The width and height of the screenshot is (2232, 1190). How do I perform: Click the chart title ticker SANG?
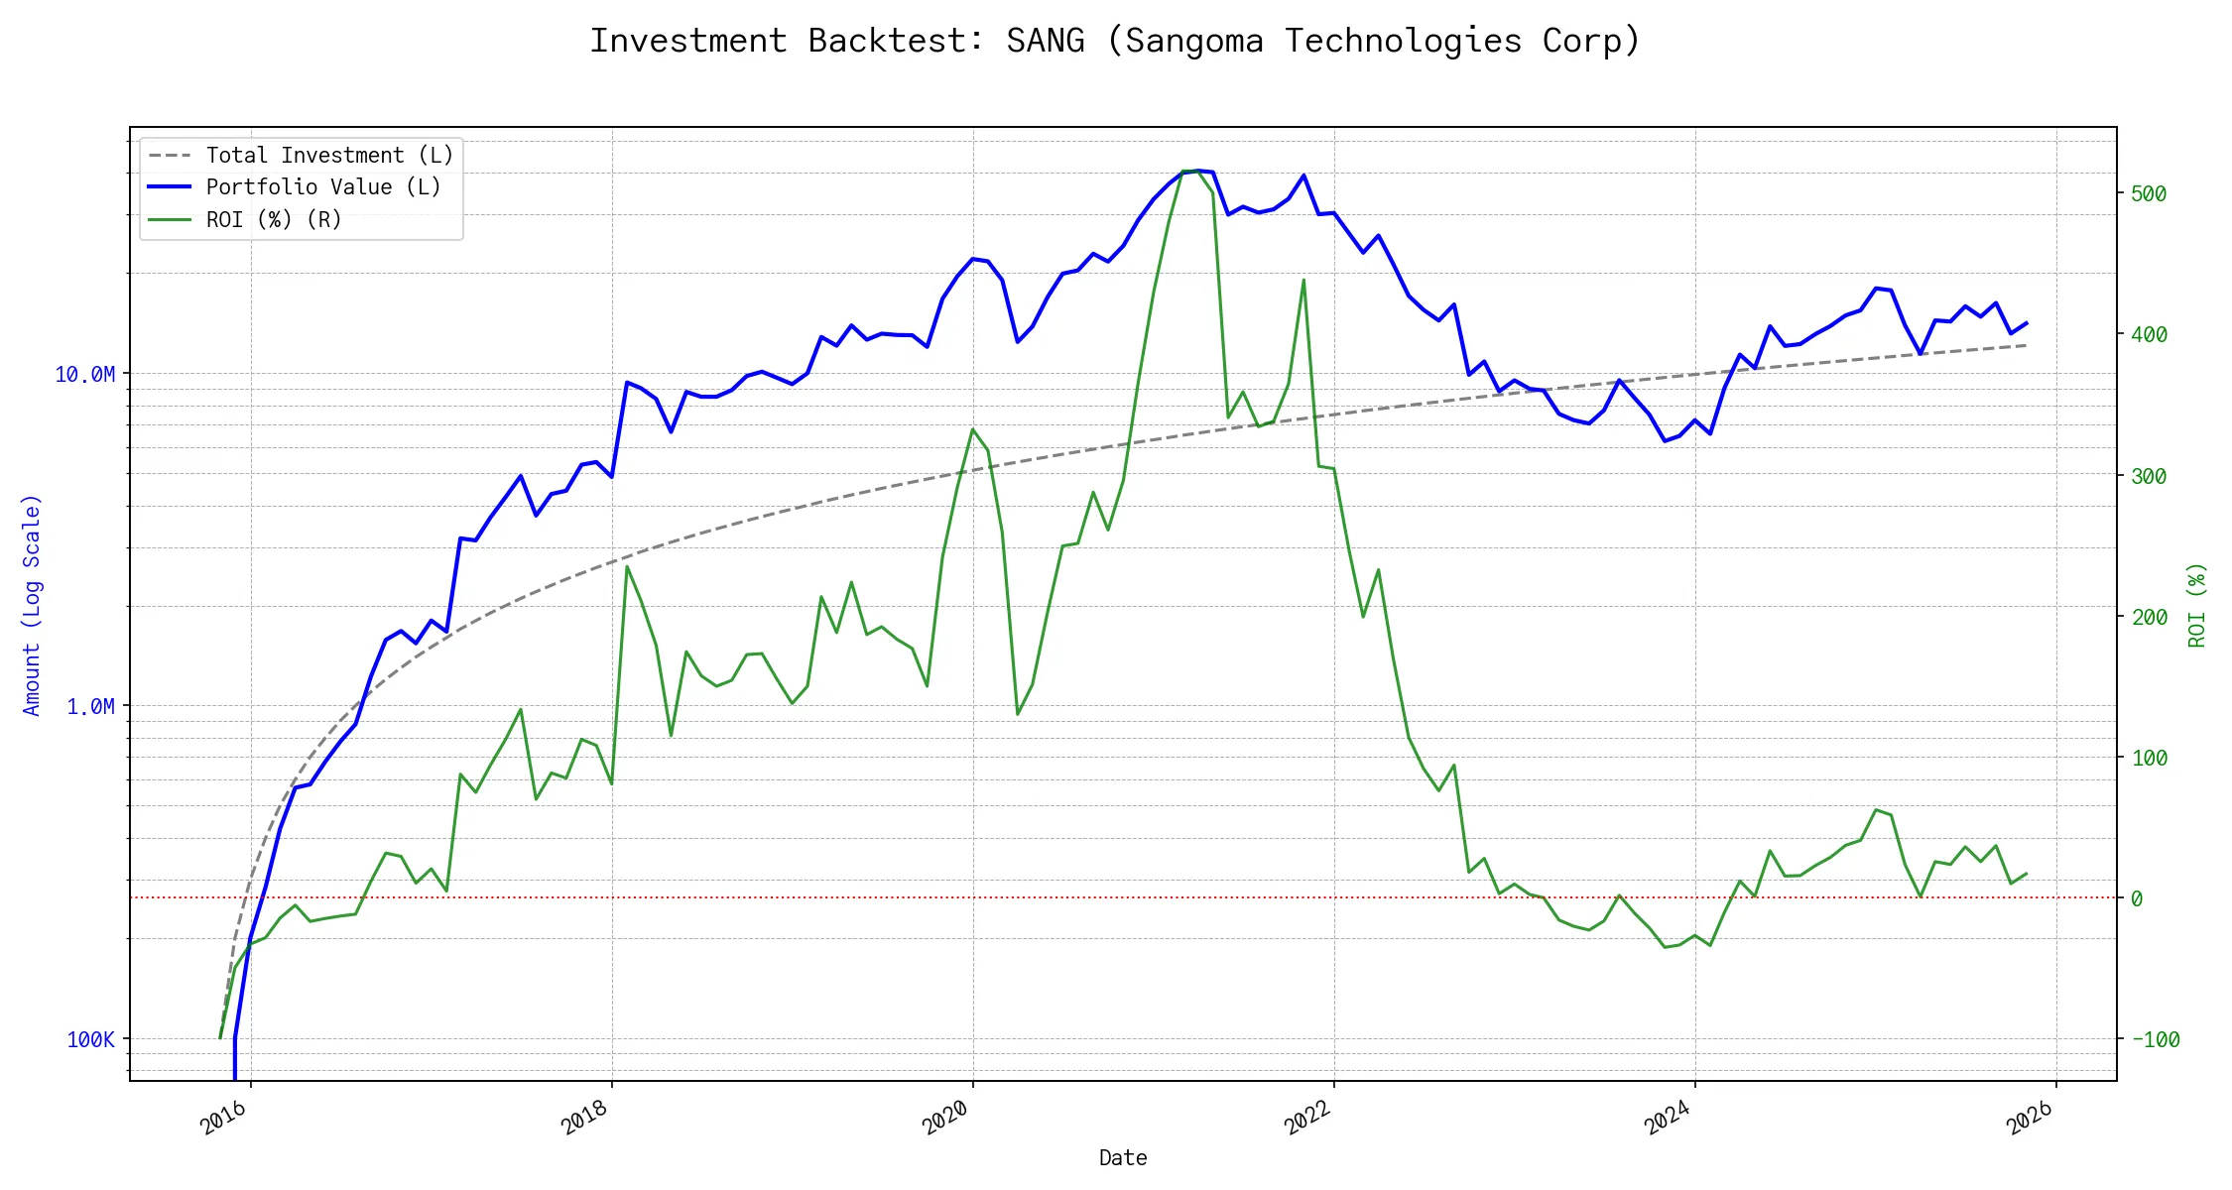(1045, 41)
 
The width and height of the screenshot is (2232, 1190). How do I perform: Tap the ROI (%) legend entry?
(273, 220)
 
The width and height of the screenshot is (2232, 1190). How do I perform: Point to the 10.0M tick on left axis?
(85, 374)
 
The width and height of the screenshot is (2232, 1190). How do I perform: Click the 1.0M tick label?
(90, 706)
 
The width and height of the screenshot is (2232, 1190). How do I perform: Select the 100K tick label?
(90, 1039)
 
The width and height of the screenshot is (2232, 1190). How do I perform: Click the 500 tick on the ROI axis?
(2149, 193)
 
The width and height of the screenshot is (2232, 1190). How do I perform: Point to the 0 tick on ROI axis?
(2137, 898)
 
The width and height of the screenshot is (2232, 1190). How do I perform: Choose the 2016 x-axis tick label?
(223, 1119)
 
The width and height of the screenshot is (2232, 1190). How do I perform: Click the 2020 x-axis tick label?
(945, 1119)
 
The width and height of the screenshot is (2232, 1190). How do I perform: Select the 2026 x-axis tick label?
(2029, 1119)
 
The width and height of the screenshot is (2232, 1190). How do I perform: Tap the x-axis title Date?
(1123, 1158)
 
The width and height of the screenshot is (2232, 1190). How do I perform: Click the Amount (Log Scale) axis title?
(32, 605)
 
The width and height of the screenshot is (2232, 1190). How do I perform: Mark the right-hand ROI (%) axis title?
(2197, 605)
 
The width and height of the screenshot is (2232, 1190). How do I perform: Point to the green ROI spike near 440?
(1303, 280)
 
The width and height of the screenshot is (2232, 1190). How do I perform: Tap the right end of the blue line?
(2026, 322)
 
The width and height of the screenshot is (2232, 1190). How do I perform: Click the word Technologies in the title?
(1403, 41)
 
